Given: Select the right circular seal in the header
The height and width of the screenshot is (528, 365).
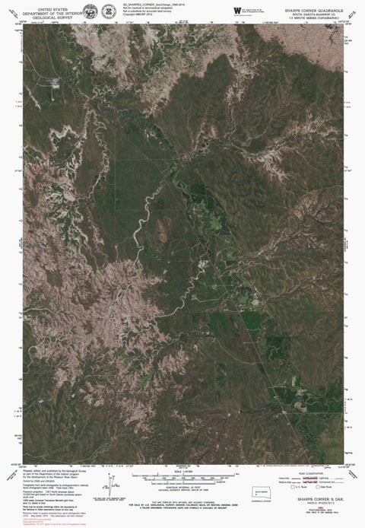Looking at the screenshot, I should (x=109, y=11).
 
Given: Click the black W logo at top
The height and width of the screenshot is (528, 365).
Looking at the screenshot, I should (x=238, y=10).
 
